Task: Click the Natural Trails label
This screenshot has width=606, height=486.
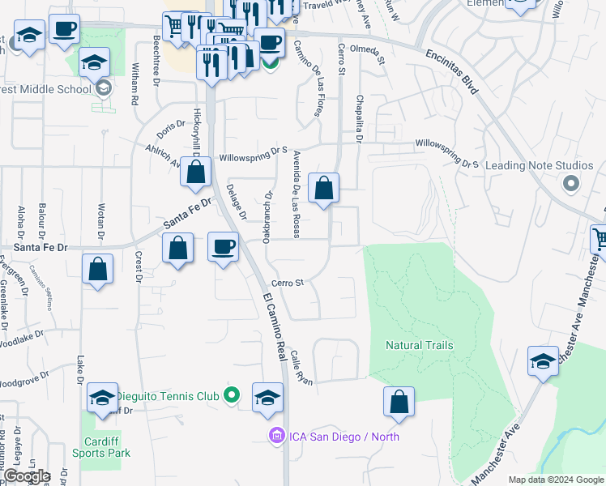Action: coord(419,345)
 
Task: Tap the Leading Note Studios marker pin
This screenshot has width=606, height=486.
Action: coord(570,184)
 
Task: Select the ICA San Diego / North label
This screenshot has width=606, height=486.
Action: coord(344,437)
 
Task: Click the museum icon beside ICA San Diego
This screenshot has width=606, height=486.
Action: coord(277,437)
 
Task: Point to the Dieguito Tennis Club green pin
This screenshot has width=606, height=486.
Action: coord(232,396)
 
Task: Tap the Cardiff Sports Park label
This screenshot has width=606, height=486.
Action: coord(107,447)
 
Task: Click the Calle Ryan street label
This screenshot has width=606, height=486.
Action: coord(302,367)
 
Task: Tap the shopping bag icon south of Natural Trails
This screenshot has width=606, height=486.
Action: coord(399,401)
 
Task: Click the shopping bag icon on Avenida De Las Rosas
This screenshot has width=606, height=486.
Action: coord(323,189)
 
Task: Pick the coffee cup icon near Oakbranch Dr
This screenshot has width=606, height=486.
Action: coord(224,246)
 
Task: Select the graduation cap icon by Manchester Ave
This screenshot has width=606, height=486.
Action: coord(543,360)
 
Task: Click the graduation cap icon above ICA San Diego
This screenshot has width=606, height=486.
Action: coord(267,397)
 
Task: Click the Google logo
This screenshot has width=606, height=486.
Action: coord(27,476)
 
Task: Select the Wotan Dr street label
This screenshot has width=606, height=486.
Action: coord(101,220)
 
